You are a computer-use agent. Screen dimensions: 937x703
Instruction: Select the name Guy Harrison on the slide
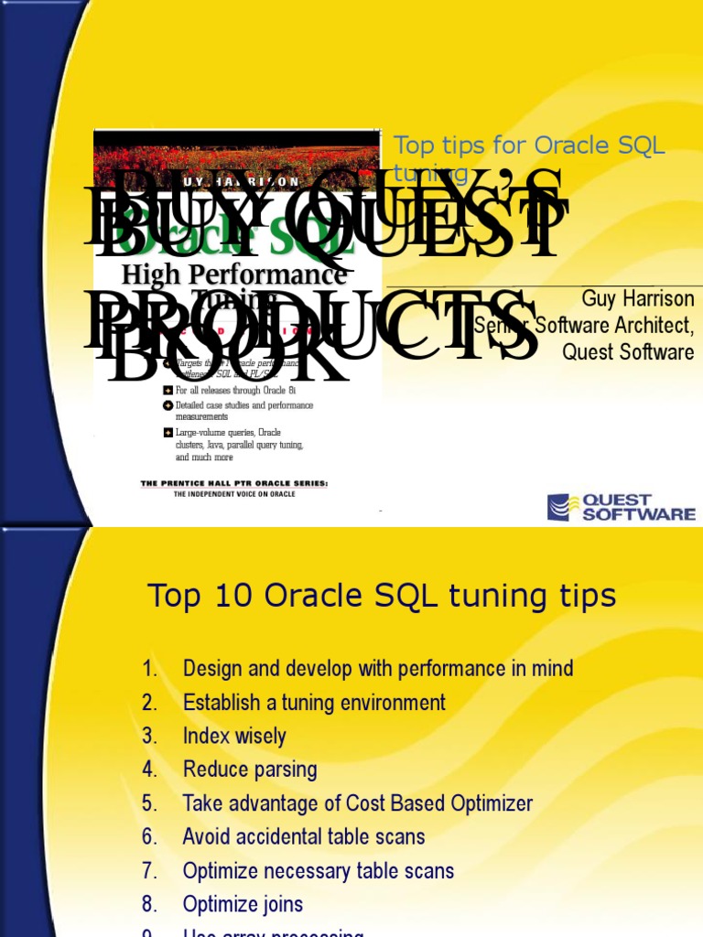[638, 299]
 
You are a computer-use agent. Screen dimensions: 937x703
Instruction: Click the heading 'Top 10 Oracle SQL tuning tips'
[382, 597]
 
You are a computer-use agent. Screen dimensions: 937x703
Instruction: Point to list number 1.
[151, 669]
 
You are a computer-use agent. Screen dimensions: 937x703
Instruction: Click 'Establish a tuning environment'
[314, 703]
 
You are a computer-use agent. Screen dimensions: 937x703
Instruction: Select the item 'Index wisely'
[234, 737]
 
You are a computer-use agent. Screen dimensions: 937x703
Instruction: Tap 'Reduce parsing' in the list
[250, 770]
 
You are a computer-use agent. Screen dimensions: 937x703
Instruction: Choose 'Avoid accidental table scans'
[304, 836]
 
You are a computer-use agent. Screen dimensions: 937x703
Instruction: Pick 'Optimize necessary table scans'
[319, 870]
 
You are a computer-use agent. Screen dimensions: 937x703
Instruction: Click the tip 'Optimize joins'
[243, 904]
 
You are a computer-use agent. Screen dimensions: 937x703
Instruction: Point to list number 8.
[150, 904]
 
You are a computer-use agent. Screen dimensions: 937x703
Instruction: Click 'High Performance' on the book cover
[234, 274]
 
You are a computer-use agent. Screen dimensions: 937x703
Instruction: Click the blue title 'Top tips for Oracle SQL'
[529, 145]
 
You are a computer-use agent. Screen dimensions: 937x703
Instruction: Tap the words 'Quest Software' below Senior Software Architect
[628, 352]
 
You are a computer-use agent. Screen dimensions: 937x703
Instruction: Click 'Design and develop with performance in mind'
[378, 669]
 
